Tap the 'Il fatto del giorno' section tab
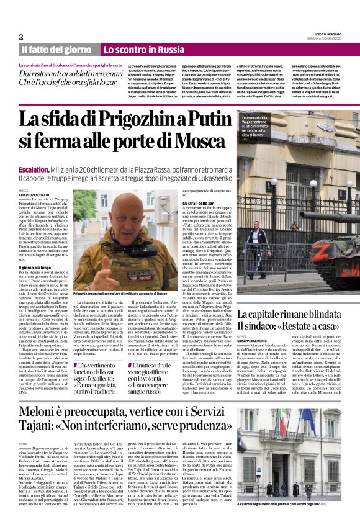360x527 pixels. pyautogui.click(x=56, y=49)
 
